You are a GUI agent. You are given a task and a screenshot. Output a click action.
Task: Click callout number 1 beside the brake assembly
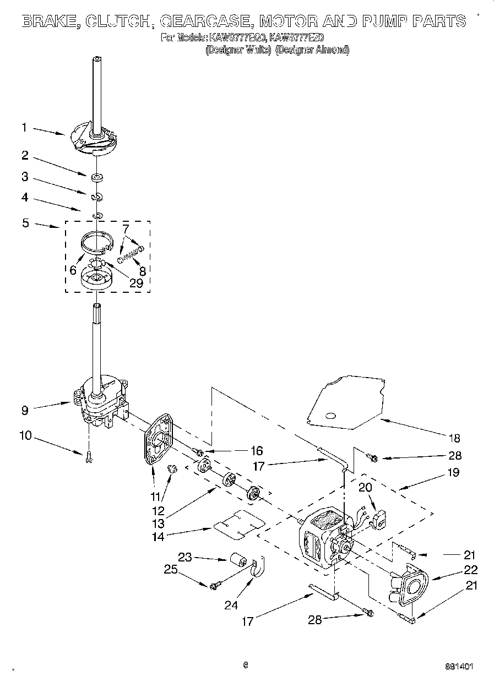pyautogui.click(x=24, y=127)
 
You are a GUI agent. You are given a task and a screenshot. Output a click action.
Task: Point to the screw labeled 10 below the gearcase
pyautogui.click(x=89, y=457)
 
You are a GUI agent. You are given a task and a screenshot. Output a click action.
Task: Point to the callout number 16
pyautogui.click(x=256, y=451)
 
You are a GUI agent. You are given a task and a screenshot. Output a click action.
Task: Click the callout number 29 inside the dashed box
pyautogui.click(x=135, y=283)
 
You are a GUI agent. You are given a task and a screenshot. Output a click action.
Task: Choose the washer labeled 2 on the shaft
pyautogui.click(x=97, y=177)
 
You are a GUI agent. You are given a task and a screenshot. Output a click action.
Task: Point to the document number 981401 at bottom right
pyautogui.click(x=458, y=665)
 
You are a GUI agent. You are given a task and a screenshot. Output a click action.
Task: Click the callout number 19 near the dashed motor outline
pyautogui.click(x=453, y=472)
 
